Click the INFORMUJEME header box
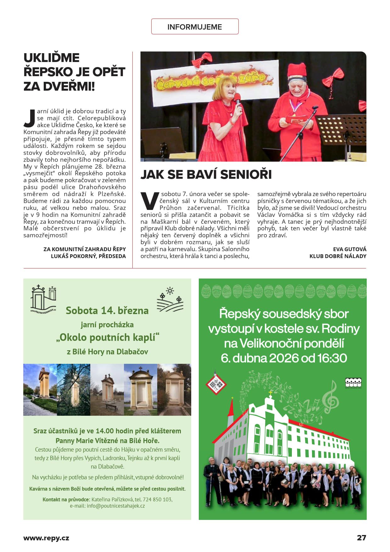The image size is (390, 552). pos(195,27)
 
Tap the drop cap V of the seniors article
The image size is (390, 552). pos(149,201)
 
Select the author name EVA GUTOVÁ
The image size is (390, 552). pos(349,249)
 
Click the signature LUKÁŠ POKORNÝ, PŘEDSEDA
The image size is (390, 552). pos(88,256)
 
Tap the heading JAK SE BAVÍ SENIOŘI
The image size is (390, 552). pos(206,174)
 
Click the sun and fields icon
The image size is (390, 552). pos(170,300)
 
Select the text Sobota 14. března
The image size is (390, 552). pos(107,311)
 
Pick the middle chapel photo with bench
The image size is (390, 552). pos(107,390)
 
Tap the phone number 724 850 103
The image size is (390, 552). pos(157,499)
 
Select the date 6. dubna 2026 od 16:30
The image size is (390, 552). pos(284,358)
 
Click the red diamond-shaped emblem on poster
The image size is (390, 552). pos(216,383)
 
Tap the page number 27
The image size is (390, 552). pos(361,538)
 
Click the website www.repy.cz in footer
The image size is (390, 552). pos(46,538)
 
